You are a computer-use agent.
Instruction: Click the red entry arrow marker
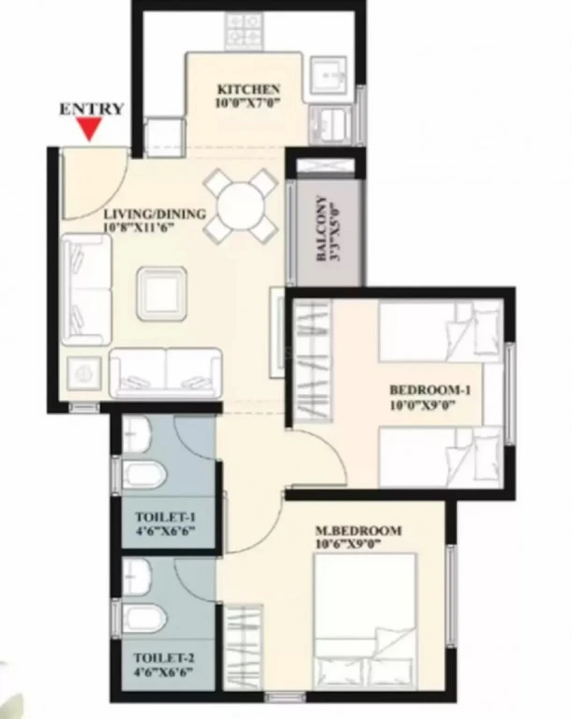point(90,128)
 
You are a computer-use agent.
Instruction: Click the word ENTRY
point(92,109)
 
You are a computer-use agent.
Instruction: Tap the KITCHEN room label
point(248,89)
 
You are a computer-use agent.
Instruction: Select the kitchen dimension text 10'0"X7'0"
point(248,103)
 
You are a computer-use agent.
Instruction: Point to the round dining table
point(241,206)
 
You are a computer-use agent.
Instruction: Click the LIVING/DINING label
point(154,213)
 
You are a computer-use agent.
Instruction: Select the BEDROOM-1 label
point(430,390)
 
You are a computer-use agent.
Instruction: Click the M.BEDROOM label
point(359,531)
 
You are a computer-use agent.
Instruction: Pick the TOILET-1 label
point(166,517)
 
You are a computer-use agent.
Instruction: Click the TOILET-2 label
point(164,658)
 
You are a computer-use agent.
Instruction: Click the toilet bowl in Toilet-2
point(144,617)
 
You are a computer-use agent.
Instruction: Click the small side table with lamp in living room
point(84,374)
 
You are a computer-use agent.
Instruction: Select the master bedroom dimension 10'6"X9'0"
point(349,544)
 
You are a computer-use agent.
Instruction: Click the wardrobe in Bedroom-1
point(313,360)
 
